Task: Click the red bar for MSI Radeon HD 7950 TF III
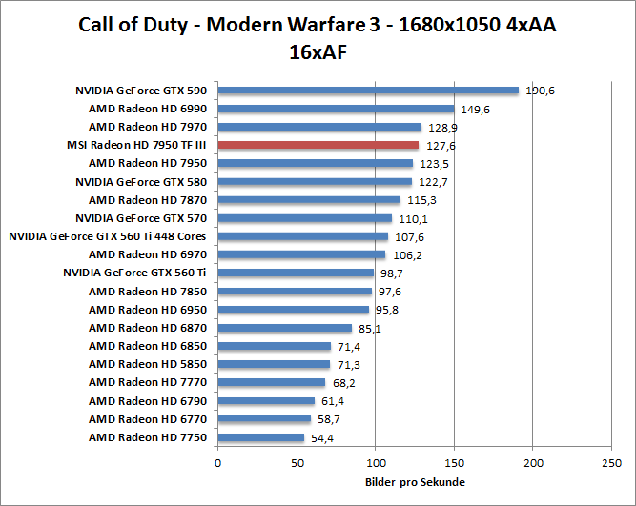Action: pos(318,145)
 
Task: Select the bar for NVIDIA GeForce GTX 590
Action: pos(368,91)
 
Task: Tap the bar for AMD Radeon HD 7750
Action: pos(261,437)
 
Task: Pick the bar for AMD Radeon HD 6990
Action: pos(336,109)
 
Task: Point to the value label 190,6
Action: pos(540,91)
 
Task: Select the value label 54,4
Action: pos(324,437)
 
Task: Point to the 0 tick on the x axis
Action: pos(218,462)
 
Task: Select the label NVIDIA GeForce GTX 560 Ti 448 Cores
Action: pos(108,236)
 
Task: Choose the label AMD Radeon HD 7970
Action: pos(148,127)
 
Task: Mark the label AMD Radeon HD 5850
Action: pos(148,364)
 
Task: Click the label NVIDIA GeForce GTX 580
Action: pos(141,181)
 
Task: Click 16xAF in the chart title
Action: pos(318,51)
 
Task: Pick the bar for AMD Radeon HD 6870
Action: pos(285,328)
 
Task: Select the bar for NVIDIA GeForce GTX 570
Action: pos(305,218)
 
